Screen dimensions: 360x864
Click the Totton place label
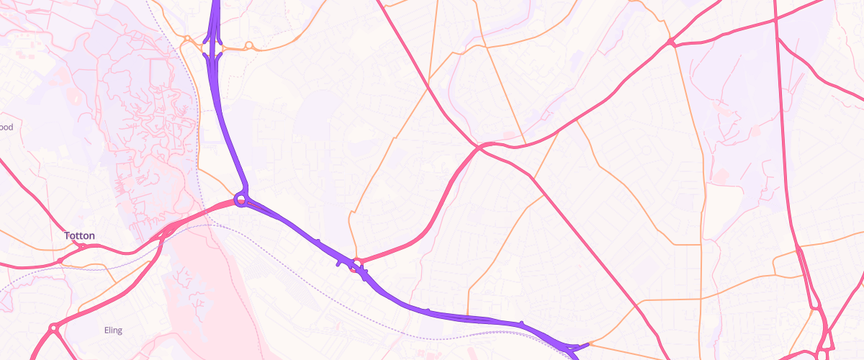pyautogui.click(x=79, y=235)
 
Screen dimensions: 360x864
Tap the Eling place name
pyautogui.click(x=112, y=330)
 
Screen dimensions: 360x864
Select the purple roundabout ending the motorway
pyautogui.click(x=241, y=199)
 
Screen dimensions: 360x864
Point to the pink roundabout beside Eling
pyautogui.click(x=53, y=328)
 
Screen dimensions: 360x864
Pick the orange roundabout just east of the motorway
pyautogui.click(x=248, y=46)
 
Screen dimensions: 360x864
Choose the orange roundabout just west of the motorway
pyautogui.click(x=186, y=39)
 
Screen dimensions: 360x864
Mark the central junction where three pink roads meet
pyautogui.click(x=479, y=147)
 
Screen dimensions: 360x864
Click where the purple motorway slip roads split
pyautogui.click(x=214, y=45)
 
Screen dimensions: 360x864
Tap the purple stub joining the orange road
pyautogui.click(x=580, y=345)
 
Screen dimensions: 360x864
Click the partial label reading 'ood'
pyautogui.click(x=6, y=127)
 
